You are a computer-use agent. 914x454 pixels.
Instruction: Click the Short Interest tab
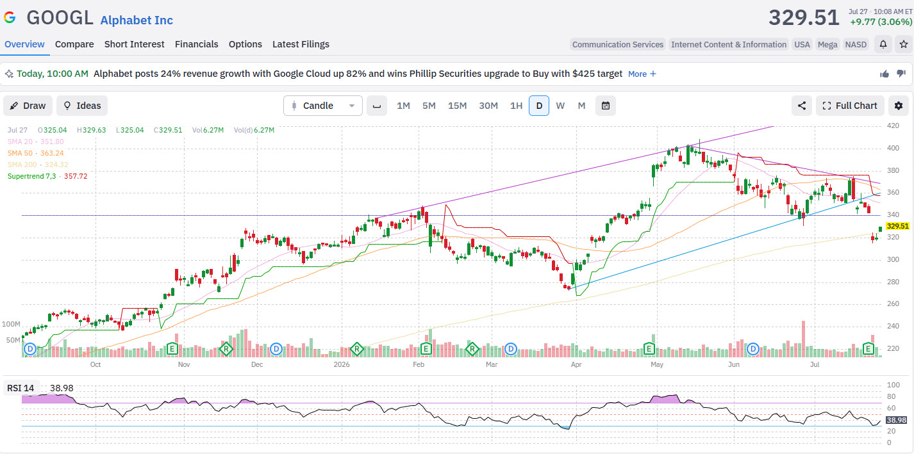click(x=134, y=44)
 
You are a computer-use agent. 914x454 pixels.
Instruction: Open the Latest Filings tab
click(x=301, y=44)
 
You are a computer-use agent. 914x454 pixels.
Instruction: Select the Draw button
click(x=28, y=106)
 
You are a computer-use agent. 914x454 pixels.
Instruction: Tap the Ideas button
click(x=82, y=106)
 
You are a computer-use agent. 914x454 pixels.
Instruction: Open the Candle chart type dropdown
click(x=323, y=106)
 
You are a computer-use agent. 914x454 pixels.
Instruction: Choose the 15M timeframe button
click(x=457, y=106)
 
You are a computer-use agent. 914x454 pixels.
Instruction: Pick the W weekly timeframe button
click(x=560, y=106)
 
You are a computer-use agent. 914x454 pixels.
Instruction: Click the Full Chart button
click(x=850, y=106)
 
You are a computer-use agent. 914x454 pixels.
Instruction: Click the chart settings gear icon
click(x=899, y=106)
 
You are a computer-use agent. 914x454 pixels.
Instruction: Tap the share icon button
click(x=802, y=106)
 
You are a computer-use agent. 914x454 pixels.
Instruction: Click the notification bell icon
click(x=883, y=44)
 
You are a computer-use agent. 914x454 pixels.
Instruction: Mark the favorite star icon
click(x=904, y=44)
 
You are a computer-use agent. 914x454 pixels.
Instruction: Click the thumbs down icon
click(x=901, y=74)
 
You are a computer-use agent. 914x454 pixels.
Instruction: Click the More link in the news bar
click(x=642, y=74)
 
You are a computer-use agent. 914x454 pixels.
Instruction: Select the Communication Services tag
click(x=617, y=44)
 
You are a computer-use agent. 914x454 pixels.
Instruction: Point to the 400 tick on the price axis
click(x=893, y=148)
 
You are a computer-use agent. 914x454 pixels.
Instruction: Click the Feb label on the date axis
click(x=419, y=364)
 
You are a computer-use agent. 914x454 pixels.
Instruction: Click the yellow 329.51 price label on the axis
click(x=898, y=226)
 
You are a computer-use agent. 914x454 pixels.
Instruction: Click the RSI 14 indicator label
click(x=21, y=388)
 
